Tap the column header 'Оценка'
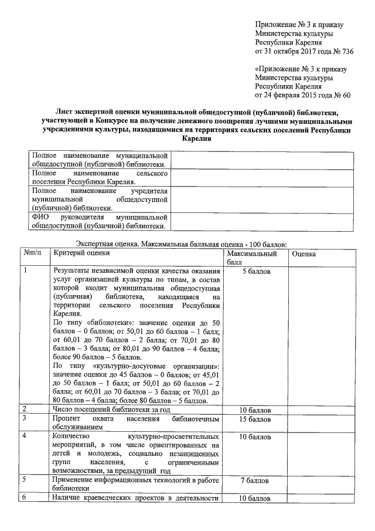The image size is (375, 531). pos(304,253)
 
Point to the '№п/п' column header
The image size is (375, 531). pos(33,253)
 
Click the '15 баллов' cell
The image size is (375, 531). pos(255,420)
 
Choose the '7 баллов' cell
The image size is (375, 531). pos(255,481)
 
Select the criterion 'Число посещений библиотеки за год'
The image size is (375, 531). pos(111,409)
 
